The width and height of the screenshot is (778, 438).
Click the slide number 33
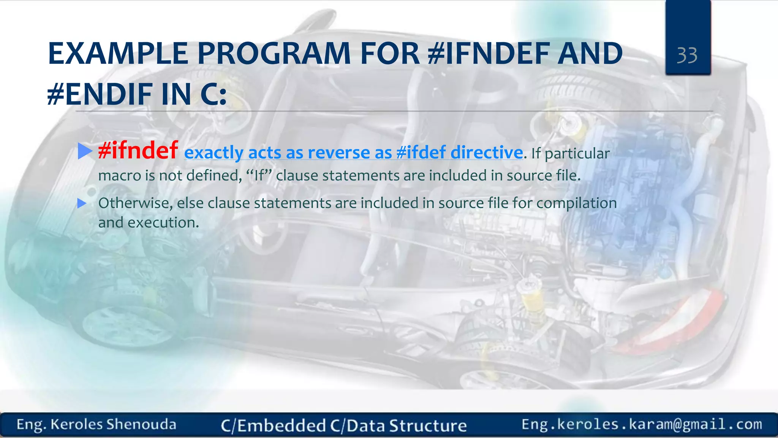[x=687, y=56]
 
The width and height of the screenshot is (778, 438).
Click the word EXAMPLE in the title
[x=118, y=53]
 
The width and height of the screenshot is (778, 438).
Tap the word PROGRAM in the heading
[x=274, y=53]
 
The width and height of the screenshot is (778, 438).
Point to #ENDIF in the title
[x=100, y=94]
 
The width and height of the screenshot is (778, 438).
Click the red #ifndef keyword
[x=138, y=150]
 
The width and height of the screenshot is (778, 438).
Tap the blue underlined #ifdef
[x=421, y=153]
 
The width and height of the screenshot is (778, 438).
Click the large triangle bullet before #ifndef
[x=84, y=151]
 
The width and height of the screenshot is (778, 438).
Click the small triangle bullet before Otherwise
[x=82, y=203]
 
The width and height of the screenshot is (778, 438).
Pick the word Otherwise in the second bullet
[x=135, y=203]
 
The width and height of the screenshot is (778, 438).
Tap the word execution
[x=163, y=223]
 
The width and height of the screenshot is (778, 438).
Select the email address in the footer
[x=642, y=424]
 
